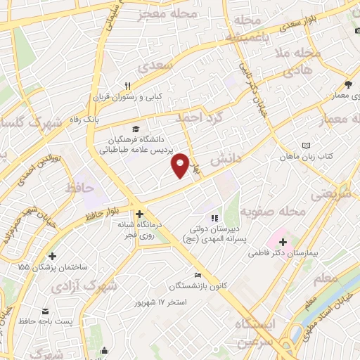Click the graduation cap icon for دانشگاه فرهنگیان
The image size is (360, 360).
135,129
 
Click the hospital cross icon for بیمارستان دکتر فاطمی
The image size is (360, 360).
282,243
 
